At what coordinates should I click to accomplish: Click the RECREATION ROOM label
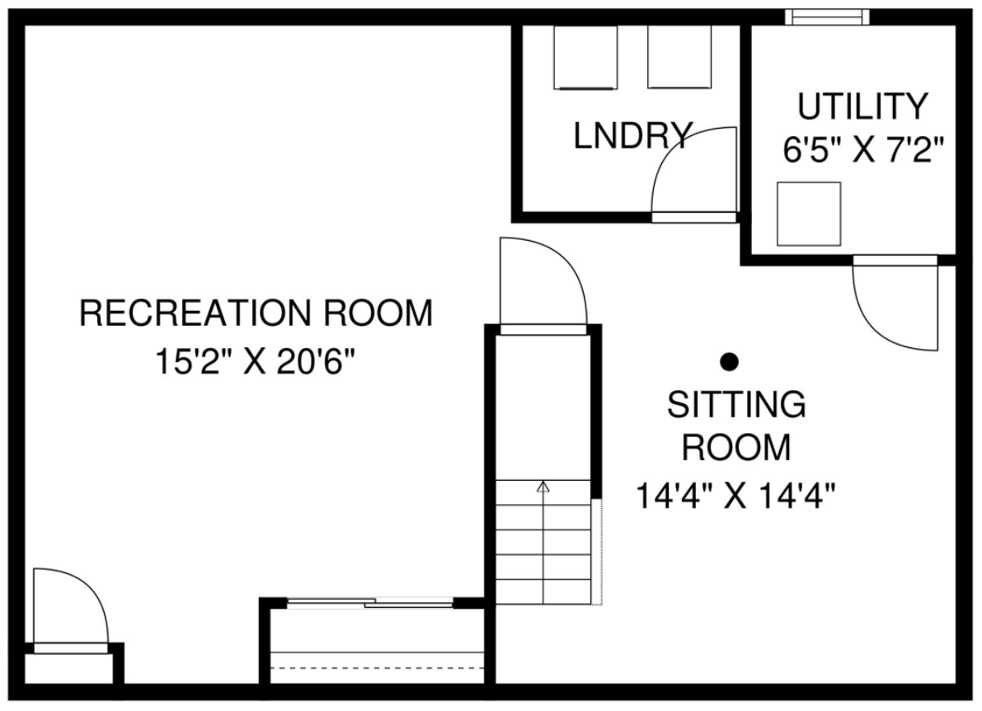click(256, 313)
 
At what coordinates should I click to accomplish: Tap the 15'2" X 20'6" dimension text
click(255, 361)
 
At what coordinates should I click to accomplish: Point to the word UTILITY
click(862, 106)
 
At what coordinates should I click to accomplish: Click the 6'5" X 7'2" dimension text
click(863, 150)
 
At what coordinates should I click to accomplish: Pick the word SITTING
click(736, 404)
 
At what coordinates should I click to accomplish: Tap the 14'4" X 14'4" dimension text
click(736, 496)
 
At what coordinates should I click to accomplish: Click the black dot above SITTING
click(729, 361)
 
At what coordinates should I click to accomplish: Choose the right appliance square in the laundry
click(679, 56)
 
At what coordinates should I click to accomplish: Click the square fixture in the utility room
click(809, 214)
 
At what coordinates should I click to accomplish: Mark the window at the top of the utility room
click(827, 16)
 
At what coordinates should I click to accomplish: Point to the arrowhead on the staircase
click(543, 486)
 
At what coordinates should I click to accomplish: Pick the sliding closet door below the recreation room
click(369, 603)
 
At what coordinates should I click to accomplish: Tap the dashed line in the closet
click(377, 668)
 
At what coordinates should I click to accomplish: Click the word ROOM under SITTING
click(736, 447)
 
